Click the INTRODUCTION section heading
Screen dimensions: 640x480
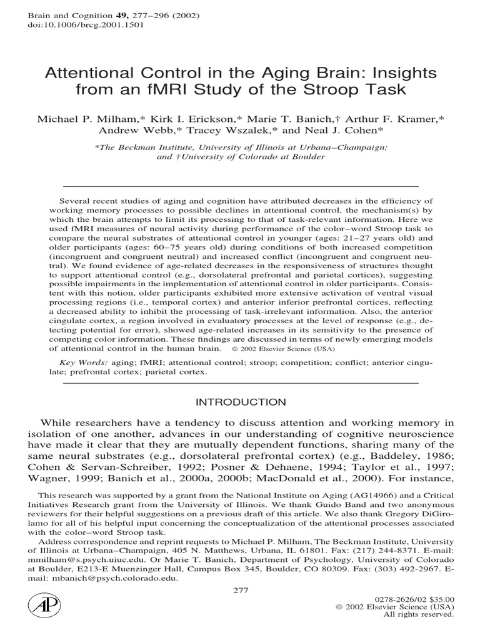click(x=241, y=402)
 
